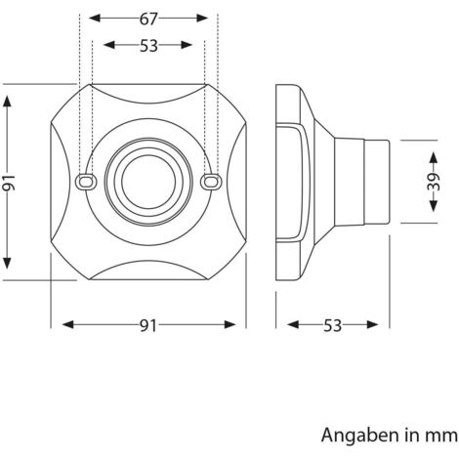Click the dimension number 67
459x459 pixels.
coord(148,20)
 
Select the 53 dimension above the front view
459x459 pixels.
coord(148,46)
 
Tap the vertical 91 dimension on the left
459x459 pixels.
coord(9,183)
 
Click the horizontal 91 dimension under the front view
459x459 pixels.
coord(148,325)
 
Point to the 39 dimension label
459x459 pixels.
coord(434,182)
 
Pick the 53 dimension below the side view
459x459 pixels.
coord(332,325)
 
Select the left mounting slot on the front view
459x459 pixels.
coord(86,181)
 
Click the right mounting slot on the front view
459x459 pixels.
coord(211,182)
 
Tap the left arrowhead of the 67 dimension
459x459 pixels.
coord(95,19)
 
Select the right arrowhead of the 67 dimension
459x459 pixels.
coord(202,19)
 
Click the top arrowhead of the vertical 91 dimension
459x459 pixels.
coord(7,102)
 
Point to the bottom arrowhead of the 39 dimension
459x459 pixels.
coord(434,206)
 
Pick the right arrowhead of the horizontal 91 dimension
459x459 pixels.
coord(229,324)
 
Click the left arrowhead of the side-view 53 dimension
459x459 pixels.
coord(293,324)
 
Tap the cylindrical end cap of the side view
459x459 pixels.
coord(376,182)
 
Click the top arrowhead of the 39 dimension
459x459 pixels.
coord(434,157)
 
